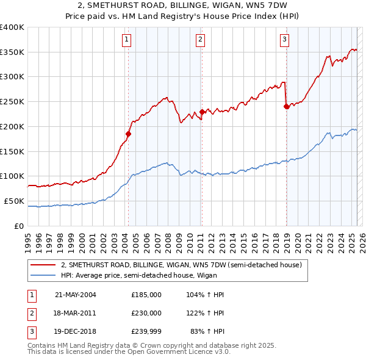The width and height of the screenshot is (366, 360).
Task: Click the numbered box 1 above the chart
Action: tap(126, 40)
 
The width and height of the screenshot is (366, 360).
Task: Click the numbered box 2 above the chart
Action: tap(200, 40)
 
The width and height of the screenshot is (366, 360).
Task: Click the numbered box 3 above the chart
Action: tap(284, 40)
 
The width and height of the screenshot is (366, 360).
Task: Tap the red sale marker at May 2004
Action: tap(129, 134)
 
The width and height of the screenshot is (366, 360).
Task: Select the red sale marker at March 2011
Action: tap(202, 112)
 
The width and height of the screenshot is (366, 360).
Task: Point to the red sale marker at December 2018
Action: tap(286, 107)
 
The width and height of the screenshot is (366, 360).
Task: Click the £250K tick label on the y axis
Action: tap(12, 102)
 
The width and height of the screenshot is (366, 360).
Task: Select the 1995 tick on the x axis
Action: tap(28, 238)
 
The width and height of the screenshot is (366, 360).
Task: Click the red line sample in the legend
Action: tap(43, 265)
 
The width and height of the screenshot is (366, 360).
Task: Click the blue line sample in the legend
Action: tap(43, 275)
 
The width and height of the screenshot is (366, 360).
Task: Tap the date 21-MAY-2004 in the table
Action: tap(76, 295)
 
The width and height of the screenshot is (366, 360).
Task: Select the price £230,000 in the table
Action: tap(146, 313)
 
